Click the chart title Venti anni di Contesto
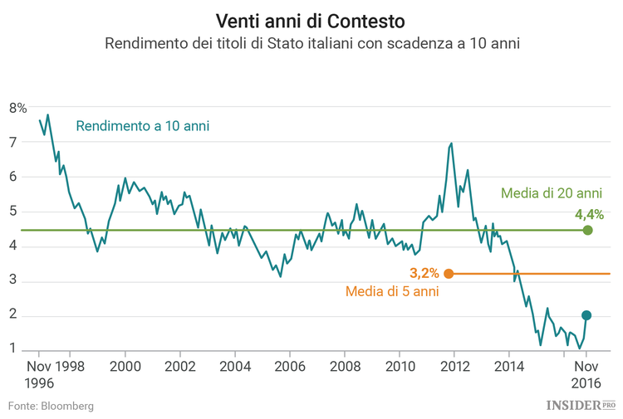311,19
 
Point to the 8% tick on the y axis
17,108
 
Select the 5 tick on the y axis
12,212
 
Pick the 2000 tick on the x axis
125,366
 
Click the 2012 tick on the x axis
454,366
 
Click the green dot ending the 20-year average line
588,230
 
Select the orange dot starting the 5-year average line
449,274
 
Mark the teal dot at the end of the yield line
586,315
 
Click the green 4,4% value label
588,213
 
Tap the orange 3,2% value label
424,273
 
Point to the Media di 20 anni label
551,193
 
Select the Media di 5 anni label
391,291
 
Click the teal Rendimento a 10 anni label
142,126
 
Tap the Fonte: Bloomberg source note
51,406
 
